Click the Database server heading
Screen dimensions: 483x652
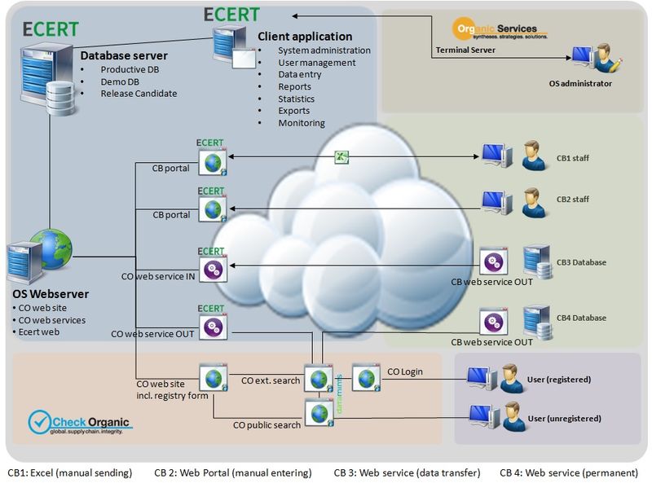click(x=124, y=55)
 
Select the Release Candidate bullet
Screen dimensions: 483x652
click(x=139, y=94)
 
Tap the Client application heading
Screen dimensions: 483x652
click(x=305, y=37)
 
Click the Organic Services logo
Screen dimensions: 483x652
click(x=500, y=30)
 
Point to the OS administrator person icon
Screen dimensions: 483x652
click(x=606, y=59)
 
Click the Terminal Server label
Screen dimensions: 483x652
click(x=465, y=50)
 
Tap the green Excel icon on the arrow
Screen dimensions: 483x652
click(x=343, y=157)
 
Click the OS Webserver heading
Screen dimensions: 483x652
click(x=51, y=293)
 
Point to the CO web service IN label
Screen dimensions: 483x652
click(x=157, y=277)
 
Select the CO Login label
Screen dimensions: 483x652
click(x=405, y=372)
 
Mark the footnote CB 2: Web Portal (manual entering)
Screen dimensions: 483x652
click(x=232, y=472)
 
